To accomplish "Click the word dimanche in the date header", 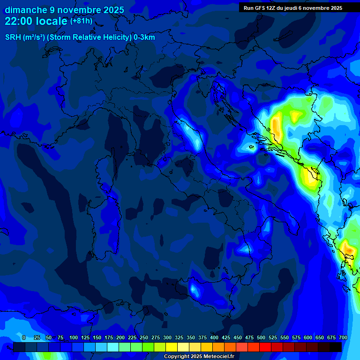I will tap(25, 10).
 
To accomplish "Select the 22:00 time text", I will tap(18, 21).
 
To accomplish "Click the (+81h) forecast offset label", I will tap(81, 21).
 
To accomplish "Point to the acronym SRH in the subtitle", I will tap(13, 37).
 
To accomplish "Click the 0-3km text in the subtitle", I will tap(144, 37).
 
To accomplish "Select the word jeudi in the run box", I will tap(293, 8).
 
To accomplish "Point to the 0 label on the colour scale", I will tap(24, 337).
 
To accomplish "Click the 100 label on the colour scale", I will tap(74, 337).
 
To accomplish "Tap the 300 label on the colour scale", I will tap(167, 337).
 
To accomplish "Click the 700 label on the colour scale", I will tap(343, 337).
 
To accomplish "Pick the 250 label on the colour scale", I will tap(144, 337).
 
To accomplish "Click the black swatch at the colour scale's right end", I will tap(336, 347).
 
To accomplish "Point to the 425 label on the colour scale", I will tap(226, 337).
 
